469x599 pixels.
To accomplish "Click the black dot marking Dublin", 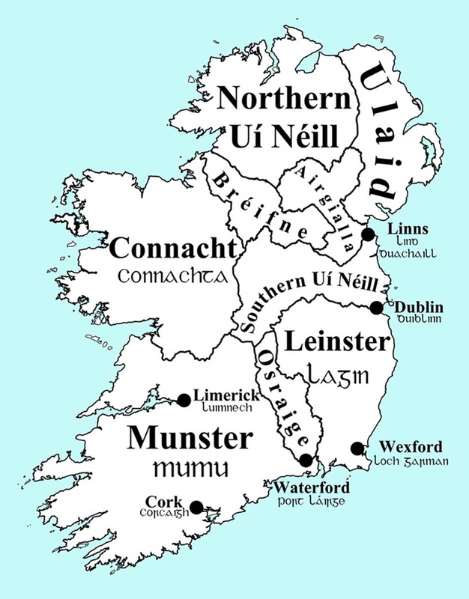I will pos(377,308).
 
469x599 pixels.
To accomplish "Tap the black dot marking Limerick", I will pos(184,400).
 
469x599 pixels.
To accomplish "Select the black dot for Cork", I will pos(196,507).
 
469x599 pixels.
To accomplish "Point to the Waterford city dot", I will pos(305,460).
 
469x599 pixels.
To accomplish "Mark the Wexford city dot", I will pos(358,449).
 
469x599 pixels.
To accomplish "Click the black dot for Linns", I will pos(368,234).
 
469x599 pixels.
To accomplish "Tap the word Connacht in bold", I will pos(174,249).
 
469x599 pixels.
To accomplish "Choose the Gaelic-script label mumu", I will pos(189,469).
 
